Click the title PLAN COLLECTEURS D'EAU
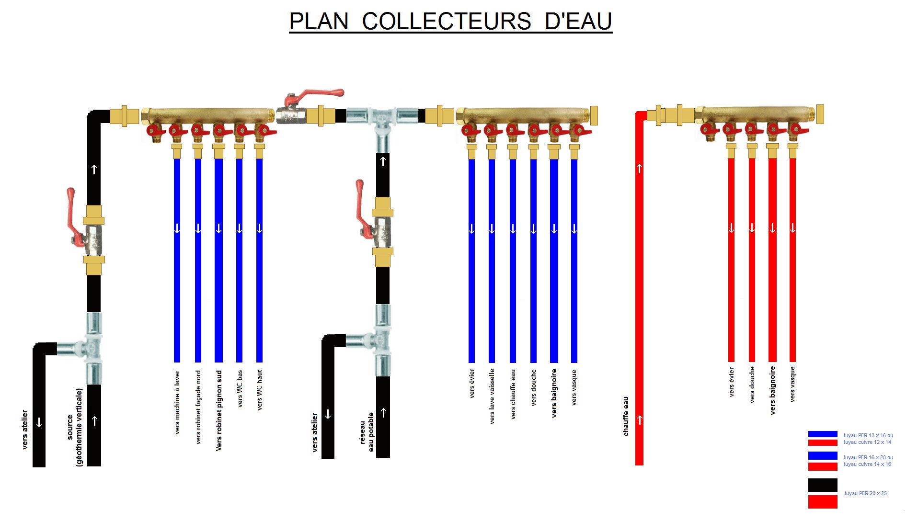[x=450, y=22]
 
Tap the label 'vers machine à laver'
[x=177, y=402]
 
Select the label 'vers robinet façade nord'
[x=198, y=407]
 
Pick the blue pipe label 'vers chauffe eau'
[x=513, y=394]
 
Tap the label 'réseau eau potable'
[x=367, y=432]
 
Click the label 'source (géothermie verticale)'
[x=75, y=427]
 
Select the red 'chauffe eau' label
[x=626, y=416]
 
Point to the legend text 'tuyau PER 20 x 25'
[x=865, y=493]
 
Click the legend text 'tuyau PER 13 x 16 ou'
[x=868, y=435]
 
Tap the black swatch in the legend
[x=823, y=485]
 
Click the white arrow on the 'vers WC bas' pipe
[x=240, y=229]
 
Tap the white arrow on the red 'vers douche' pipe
[x=752, y=228]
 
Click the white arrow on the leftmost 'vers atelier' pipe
[x=39, y=422]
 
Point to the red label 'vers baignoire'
[x=772, y=390]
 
